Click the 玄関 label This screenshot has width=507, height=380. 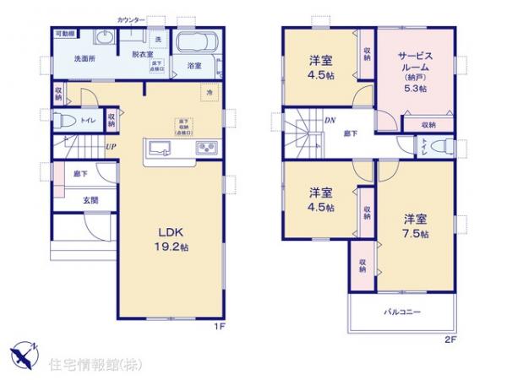[90, 200]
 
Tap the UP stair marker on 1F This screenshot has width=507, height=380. [111, 145]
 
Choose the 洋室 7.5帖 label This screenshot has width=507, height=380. [416, 225]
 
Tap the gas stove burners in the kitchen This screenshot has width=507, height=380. [207, 148]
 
